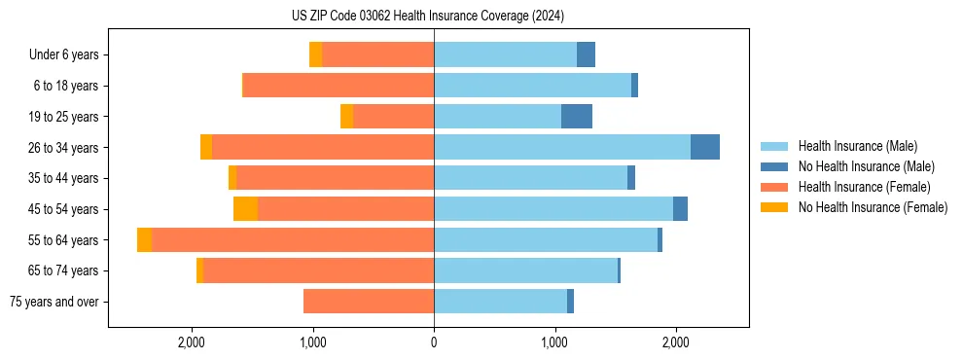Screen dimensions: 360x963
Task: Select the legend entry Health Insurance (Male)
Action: (857, 146)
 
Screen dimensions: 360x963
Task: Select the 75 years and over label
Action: (54, 302)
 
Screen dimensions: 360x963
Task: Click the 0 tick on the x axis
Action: (434, 342)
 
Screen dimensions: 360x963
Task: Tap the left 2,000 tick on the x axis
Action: (192, 342)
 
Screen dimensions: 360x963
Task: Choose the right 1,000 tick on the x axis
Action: (554, 342)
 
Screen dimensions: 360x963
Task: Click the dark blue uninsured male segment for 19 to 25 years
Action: (577, 117)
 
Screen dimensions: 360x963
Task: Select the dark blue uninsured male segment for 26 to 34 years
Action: (705, 147)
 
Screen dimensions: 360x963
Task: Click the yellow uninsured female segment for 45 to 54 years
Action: (245, 209)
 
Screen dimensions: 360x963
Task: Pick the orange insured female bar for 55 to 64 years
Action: (292, 240)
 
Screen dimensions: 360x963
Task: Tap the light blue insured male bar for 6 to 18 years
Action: (532, 86)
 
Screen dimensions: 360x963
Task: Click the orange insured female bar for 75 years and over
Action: (369, 302)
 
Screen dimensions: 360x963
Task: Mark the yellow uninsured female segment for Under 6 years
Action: (315, 55)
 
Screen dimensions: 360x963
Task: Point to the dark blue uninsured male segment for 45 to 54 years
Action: (680, 209)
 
